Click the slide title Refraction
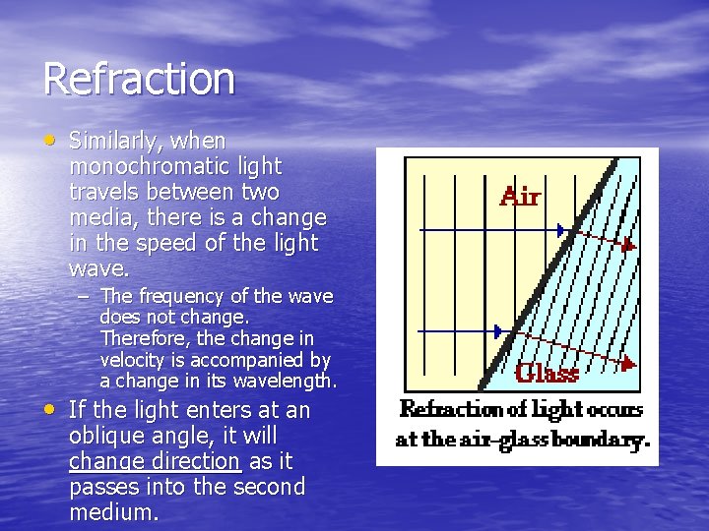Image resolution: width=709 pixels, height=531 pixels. pos(139,80)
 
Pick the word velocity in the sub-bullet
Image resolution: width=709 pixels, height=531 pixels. pos(134,361)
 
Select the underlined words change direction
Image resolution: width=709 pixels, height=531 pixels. pos(155,461)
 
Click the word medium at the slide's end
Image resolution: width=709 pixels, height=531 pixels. pos(114,512)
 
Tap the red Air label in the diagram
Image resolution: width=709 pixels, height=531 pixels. pos(520,198)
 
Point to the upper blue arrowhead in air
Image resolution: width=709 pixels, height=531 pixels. pos(561,230)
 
